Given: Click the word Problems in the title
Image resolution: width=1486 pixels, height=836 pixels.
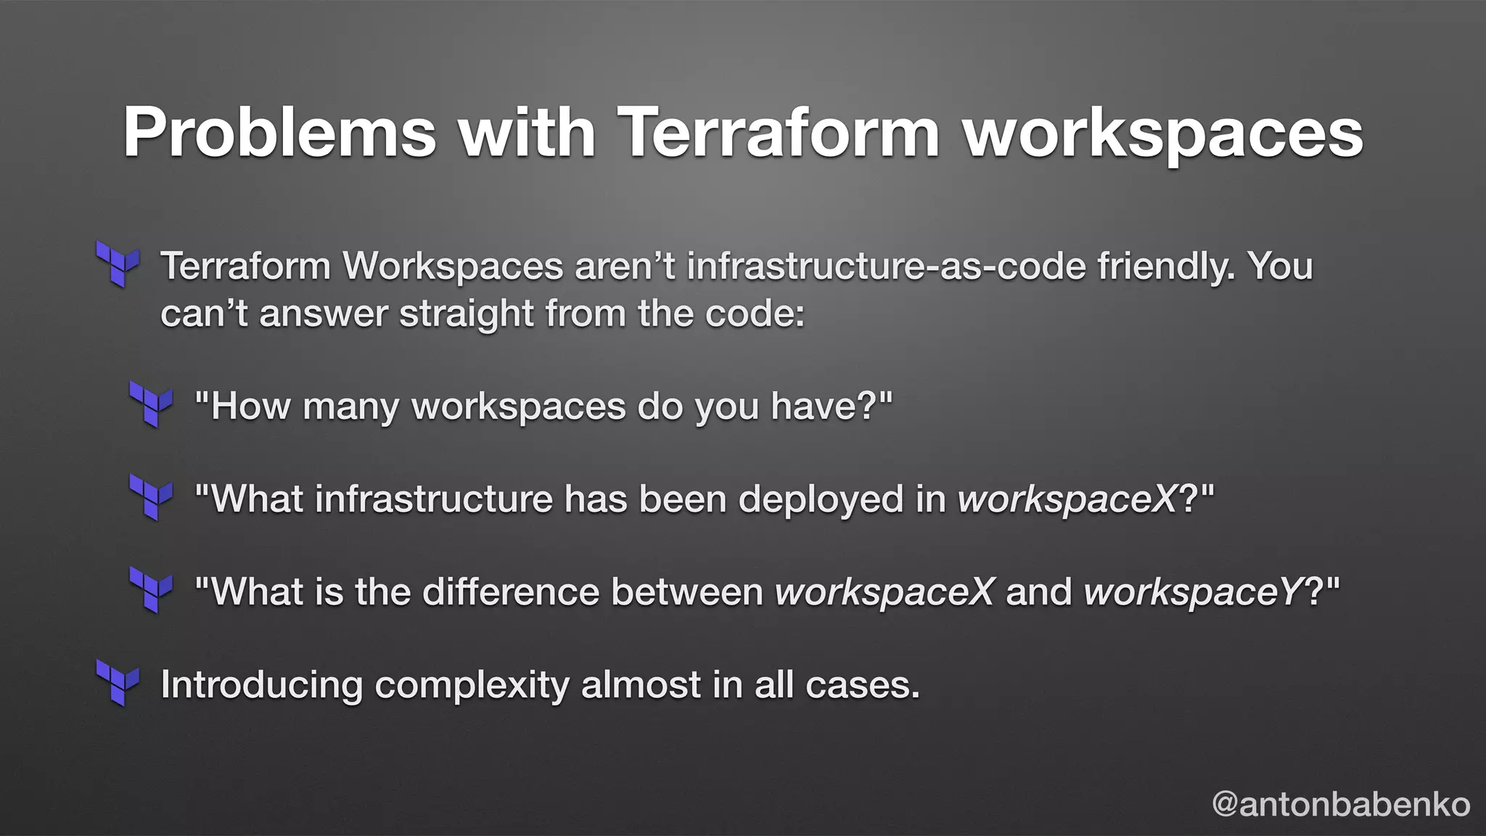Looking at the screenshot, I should pos(280,132).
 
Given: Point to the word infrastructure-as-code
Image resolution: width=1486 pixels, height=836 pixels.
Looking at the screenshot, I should pos(885,266).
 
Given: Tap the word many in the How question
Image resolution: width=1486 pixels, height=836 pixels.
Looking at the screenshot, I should pos(350,406).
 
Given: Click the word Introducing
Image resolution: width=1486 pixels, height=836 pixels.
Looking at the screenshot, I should pos(261,684).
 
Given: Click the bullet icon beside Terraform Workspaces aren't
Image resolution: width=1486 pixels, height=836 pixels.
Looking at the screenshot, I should pos(118,264).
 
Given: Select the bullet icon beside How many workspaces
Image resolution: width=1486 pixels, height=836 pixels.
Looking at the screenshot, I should pos(151,404).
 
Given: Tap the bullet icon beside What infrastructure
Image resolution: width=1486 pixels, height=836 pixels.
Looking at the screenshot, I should pos(151,497).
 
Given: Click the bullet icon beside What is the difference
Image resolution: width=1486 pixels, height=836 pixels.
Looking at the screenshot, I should pos(151,590).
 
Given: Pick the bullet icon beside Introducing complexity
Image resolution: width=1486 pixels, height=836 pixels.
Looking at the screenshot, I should pos(118,683).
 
